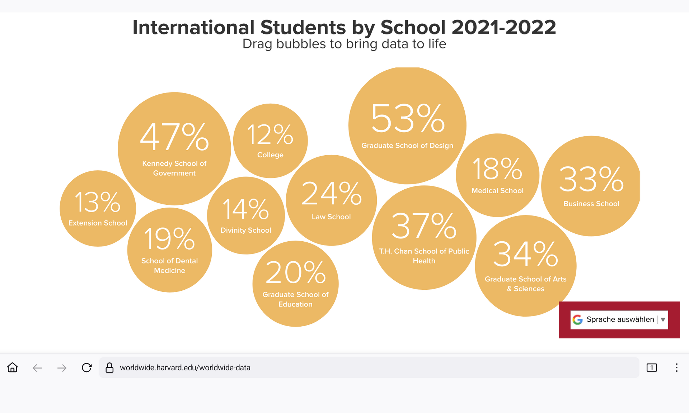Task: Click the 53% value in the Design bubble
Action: pos(408,118)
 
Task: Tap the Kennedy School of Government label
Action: pos(174,168)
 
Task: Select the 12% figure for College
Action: pos(270,135)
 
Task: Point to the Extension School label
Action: pos(98,223)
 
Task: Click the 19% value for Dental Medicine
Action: pos(169,239)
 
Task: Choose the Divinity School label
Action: pos(246,230)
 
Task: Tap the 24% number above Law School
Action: pos(331,194)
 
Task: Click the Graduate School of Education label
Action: pos(295,299)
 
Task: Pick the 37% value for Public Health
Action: pos(424,226)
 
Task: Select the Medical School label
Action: pos(497,191)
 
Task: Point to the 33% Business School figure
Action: pos(591,179)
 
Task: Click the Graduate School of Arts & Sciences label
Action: pos(525,284)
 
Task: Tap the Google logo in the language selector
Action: pos(577,319)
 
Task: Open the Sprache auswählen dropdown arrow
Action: pos(663,319)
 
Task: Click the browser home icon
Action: pos(13,367)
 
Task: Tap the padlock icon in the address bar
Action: pos(109,367)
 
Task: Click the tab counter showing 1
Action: pos(652,367)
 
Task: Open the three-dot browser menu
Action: pos(676,367)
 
